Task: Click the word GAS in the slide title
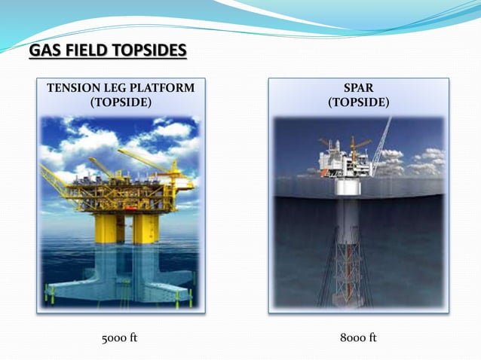[43, 51]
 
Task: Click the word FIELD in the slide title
[80, 51]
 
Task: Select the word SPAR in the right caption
[358, 89]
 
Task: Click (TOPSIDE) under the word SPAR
[358, 102]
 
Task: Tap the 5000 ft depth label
[120, 337]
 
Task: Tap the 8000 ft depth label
[358, 337]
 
